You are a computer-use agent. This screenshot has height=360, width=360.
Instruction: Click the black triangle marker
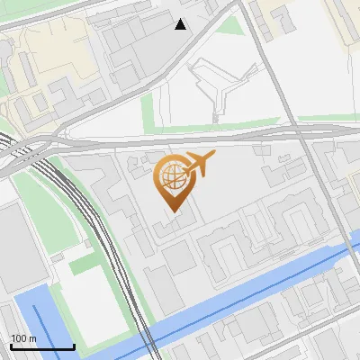(181, 24)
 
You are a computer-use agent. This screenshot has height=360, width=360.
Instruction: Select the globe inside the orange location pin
(173, 178)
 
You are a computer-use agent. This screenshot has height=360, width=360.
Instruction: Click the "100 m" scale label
(23, 337)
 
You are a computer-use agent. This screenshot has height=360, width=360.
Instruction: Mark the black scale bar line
(42, 346)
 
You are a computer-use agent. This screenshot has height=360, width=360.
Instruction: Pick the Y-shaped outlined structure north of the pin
(216, 85)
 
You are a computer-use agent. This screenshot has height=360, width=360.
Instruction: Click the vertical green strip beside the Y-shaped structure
(148, 112)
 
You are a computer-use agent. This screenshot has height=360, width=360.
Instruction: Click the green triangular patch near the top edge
(232, 23)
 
